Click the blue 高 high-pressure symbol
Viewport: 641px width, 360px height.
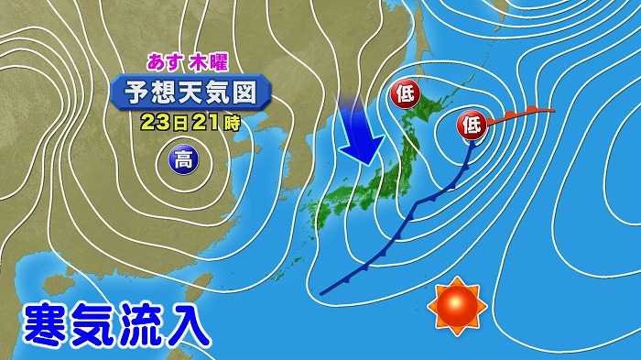click(x=183, y=162)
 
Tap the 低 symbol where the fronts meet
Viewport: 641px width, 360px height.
click(x=472, y=123)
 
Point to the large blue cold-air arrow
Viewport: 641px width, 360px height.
click(x=363, y=130)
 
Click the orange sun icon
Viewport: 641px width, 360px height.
click(x=458, y=305)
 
